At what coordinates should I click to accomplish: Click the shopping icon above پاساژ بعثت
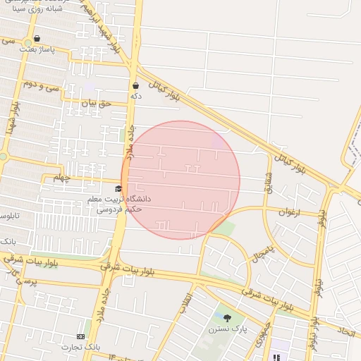pyautogui.click(x=37, y=39)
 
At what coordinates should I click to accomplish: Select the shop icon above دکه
pyautogui.click(x=135, y=85)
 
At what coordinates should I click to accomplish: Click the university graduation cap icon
pyautogui.click(x=118, y=189)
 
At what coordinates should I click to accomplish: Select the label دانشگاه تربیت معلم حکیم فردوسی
pyautogui.click(x=115, y=204)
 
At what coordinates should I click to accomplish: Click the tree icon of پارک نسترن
pyautogui.click(x=227, y=318)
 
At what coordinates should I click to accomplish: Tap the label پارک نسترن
pyautogui.click(x=224, y=329)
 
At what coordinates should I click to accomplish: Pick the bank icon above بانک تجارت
pyautogui.click(x=80, y=336)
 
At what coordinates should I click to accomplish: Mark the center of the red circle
pyautogui.click(x=180, y=180)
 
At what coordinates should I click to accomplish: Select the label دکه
pyautogui.click(x=135, y=95)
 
